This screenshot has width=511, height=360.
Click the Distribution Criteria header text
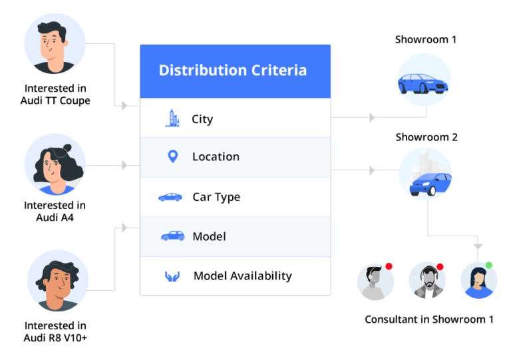coord(233,71)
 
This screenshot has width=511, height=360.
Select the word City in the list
coord(202,120)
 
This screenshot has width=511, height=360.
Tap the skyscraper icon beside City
coord(172,118)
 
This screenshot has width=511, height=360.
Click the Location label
coord(216,157)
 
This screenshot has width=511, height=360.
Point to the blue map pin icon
coord(172,157)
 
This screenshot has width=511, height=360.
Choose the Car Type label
coord(216,197)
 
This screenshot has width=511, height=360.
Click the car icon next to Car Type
coord(170,197)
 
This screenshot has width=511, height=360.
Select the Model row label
coord(209,237)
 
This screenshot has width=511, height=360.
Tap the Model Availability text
coord(243,276)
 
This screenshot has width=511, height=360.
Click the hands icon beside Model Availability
coord(172,276)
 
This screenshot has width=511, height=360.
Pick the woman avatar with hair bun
coord(55,164)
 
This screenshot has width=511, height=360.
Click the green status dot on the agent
coord(489,266)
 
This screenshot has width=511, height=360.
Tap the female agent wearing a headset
coord(478,281)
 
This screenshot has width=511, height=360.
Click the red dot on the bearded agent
coord(440,266)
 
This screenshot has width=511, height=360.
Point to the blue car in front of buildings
coord(425,174)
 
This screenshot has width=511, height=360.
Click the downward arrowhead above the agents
coord(478,246)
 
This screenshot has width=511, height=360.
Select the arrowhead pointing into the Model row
coord(124,228)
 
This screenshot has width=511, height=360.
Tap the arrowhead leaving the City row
coord(372,117)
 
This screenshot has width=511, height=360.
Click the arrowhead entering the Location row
coord(124,165)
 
